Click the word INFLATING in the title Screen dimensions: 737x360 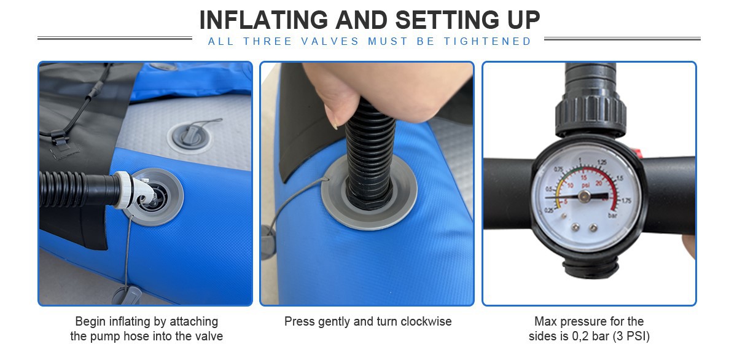(263, 20)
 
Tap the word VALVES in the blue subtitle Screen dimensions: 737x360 (330, 41)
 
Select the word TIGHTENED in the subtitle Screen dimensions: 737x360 (488, 41)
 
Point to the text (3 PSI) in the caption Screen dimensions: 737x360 (631, 336)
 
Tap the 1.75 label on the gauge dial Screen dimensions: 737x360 (626, 200)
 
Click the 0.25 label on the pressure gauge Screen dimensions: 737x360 (549, 210)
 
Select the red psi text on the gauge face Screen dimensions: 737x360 (585, 186)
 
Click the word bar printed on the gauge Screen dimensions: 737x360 (612, 216)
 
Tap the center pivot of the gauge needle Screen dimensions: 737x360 (584, 197)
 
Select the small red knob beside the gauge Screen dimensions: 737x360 (638, 153)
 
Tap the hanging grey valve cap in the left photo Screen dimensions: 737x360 (127, 295)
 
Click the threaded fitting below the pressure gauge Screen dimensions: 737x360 (590, 267)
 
